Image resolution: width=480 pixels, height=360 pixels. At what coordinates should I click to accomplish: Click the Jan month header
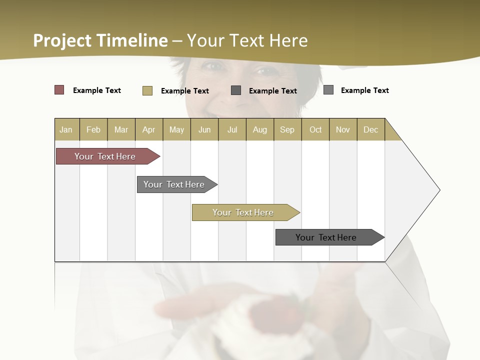66,129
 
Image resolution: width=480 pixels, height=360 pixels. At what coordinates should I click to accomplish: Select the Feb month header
93,129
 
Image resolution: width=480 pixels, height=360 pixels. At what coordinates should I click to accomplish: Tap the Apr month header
148,129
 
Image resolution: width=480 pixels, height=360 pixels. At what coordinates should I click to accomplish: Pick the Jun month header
204,129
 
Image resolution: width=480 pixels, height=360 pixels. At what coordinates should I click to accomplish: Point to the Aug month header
259,129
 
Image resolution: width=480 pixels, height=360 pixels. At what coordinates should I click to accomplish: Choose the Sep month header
287,129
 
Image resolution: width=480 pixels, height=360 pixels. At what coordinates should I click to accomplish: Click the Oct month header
315,129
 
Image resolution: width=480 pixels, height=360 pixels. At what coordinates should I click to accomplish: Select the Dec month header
370,129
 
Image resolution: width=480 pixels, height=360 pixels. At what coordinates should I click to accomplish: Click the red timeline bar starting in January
105,156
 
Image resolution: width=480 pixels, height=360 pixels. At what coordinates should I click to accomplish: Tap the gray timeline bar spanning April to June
174,184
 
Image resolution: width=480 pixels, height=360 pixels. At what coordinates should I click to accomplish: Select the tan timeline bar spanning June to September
243,212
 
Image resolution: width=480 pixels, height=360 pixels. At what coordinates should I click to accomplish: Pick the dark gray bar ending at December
326,237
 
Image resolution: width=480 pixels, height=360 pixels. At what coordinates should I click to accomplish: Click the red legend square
59,90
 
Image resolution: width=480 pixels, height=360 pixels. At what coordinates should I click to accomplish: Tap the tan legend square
147,90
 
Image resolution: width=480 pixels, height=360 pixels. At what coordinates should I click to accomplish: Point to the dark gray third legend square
236,90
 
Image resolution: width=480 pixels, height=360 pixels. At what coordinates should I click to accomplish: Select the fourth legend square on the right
328,90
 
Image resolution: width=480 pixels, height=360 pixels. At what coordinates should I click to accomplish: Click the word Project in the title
62,40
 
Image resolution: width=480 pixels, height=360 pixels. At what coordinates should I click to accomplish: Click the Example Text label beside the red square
97,90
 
